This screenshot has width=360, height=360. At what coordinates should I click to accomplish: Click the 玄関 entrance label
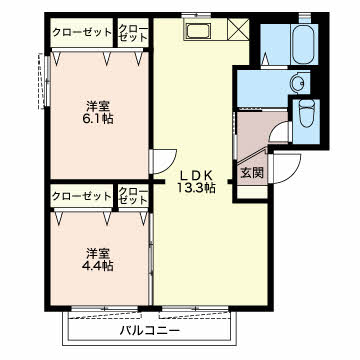252,172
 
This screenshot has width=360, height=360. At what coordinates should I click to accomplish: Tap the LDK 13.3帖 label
196,182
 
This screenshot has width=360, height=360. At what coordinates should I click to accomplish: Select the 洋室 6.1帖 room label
98,112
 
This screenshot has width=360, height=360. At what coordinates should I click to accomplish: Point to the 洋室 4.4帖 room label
98,260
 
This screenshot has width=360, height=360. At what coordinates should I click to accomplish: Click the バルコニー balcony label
150,331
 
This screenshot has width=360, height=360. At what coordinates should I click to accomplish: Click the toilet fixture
306,115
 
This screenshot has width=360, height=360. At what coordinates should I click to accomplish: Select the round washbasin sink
298,81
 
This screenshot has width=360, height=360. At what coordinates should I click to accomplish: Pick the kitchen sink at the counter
199,31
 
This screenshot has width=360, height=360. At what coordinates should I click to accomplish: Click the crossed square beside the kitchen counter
239,29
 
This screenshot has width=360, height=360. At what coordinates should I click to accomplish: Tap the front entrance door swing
286,168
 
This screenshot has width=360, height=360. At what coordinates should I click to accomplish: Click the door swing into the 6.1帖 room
163,161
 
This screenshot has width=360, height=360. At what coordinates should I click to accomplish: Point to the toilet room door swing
280,132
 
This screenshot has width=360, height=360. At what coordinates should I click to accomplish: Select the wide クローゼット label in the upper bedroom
82,32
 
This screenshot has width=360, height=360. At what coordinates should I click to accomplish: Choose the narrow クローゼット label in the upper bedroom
133,32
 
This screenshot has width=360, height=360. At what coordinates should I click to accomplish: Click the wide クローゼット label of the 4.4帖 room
82,196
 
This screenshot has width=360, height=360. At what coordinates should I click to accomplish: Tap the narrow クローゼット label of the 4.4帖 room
133,196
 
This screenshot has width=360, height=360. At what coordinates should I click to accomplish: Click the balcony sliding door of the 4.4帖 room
104,309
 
